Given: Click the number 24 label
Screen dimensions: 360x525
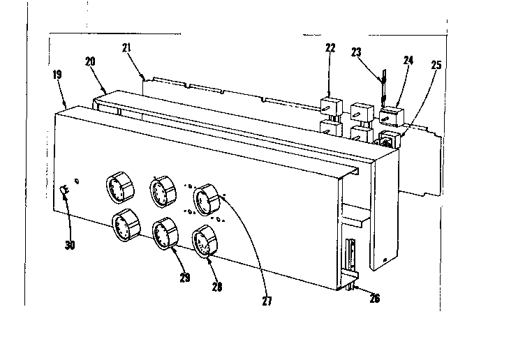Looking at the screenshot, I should tap(408, 61).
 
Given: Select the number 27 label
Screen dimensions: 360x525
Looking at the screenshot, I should tap(267, 301).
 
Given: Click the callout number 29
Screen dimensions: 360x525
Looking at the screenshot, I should tap(184, 278).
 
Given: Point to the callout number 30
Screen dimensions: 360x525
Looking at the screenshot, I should tap(70, 245).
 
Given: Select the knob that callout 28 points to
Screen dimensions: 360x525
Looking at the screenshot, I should tap(204, 242).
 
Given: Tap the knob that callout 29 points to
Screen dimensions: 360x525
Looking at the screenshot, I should tap(165, 234).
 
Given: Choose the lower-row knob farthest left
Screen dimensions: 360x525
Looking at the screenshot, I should tap(124, 227).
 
